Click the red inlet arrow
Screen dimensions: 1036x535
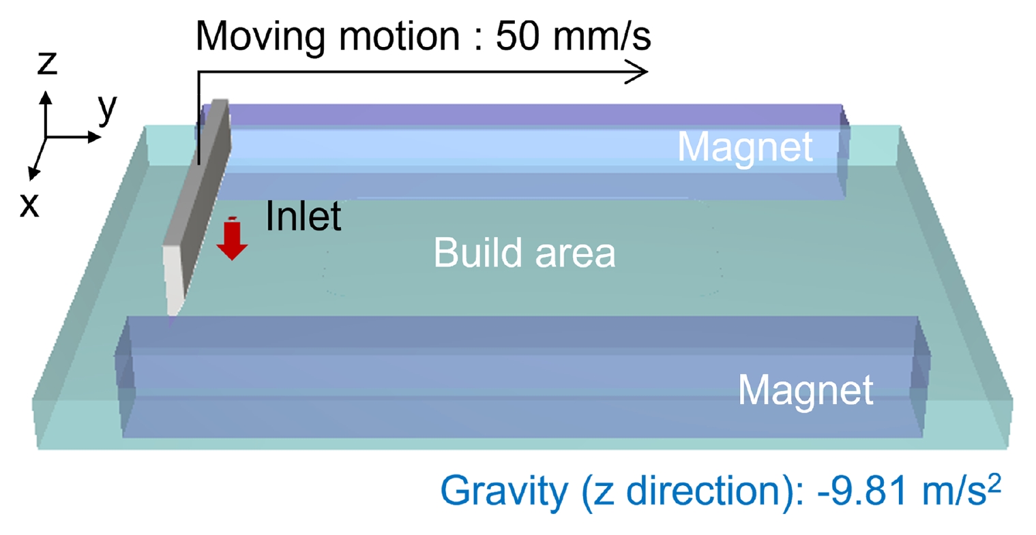[232, 239]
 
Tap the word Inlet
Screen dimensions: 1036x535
[304, 216]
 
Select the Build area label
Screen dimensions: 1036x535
[524, 253]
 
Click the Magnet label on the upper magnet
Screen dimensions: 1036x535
[745, 148]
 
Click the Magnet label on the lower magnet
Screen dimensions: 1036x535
[805, 391]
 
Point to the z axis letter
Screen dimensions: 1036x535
[47, 63]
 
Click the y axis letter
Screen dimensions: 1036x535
[107, 109]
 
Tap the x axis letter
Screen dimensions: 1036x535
[29, 204]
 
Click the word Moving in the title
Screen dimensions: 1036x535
[260, 37]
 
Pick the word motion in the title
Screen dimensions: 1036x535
[400, 36]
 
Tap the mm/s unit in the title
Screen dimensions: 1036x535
[602, 36]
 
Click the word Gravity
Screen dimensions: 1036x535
[504, 491]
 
